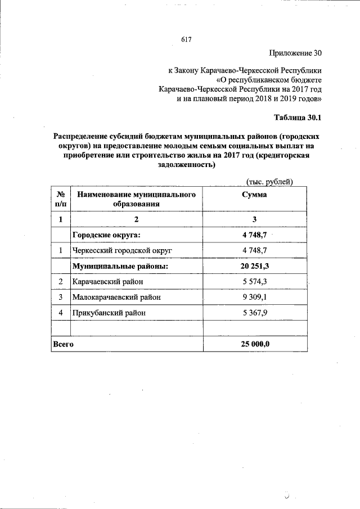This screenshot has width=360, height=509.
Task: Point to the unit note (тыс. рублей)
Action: coord(269,181)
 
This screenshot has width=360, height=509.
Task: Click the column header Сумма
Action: coord(254,195)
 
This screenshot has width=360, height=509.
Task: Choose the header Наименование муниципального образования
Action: coord(136,199)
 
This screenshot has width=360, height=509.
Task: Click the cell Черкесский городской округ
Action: coord(121,250)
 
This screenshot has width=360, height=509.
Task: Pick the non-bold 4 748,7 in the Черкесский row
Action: coord(254,250)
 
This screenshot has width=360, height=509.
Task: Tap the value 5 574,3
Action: coord(254,281)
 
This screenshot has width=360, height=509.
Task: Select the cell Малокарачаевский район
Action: coord(120,296)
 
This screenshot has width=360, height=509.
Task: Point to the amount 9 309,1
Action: coord(254,296)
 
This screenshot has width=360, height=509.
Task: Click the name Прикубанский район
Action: coord(109,312)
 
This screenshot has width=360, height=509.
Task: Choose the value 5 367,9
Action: coord(254,312)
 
